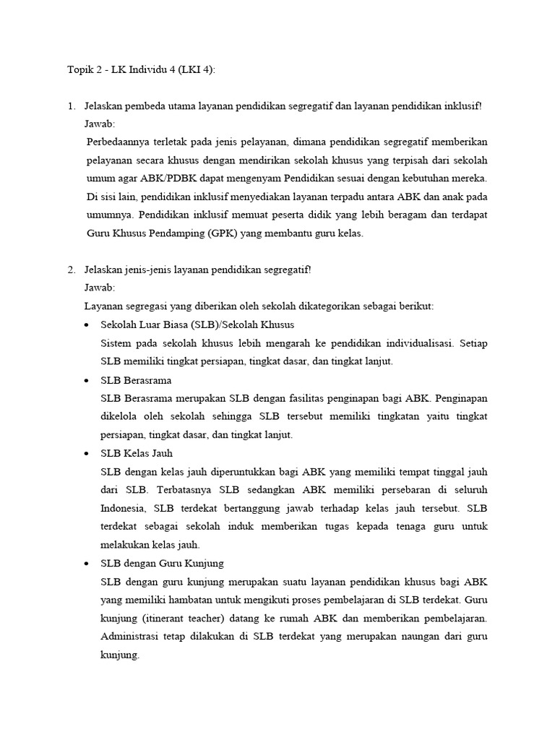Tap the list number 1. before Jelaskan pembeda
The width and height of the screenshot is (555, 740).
72,106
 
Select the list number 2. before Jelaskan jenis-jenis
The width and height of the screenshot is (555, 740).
72,270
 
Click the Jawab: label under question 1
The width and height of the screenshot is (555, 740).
100,124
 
